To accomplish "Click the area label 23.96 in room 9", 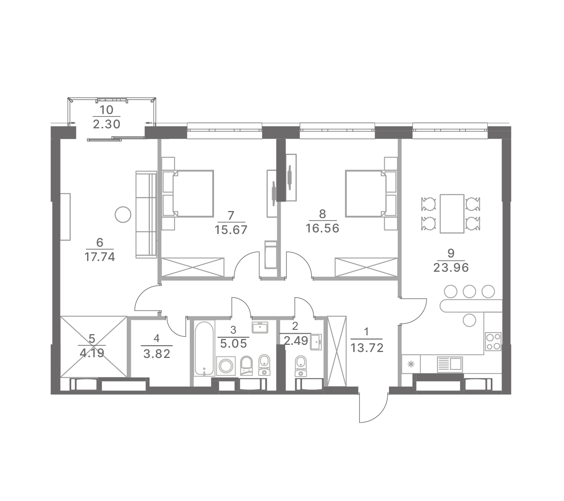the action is pos(451,268).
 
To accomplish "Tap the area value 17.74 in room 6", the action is pos(100,257).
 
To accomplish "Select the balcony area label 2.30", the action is pos(106,124).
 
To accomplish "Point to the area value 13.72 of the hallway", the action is pos(367,348).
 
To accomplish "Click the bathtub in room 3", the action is pos(204,349).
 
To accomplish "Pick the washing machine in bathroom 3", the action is pos(226,366).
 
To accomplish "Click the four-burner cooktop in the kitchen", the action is pos(493,341).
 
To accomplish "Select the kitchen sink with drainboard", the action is pos(450,364).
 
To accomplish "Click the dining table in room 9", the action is pos(452,213).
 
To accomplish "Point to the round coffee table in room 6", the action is pos(123,215).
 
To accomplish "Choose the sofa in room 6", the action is pos(146,215).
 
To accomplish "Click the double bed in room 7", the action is pos(188,193).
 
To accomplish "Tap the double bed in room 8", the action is pos(371,193).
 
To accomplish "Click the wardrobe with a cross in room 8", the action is pos(366,267).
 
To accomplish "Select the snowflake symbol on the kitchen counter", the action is pos(411,364).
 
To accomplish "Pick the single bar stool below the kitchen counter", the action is pos(470,320).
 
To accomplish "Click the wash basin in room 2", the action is pos(316,342).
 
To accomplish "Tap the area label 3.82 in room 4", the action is pos(157,354).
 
